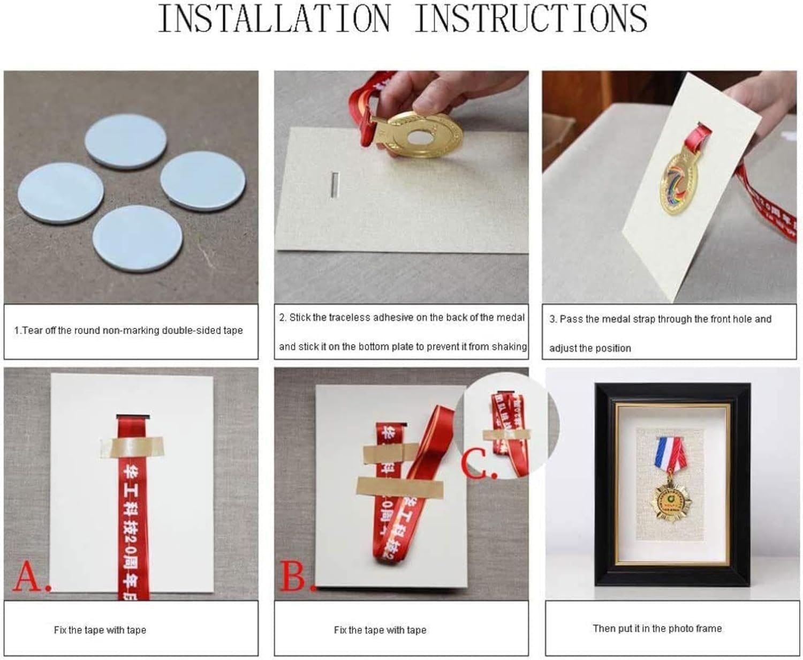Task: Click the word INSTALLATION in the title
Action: click(274, 19)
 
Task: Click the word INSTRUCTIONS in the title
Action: click(531, 19)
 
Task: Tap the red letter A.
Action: click(31, 577)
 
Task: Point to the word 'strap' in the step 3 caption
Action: click(642, 319)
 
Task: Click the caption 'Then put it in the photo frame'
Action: click(657, 628)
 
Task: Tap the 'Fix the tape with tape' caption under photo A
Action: click(100, 630)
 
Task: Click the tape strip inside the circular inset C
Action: click(506, 434)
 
